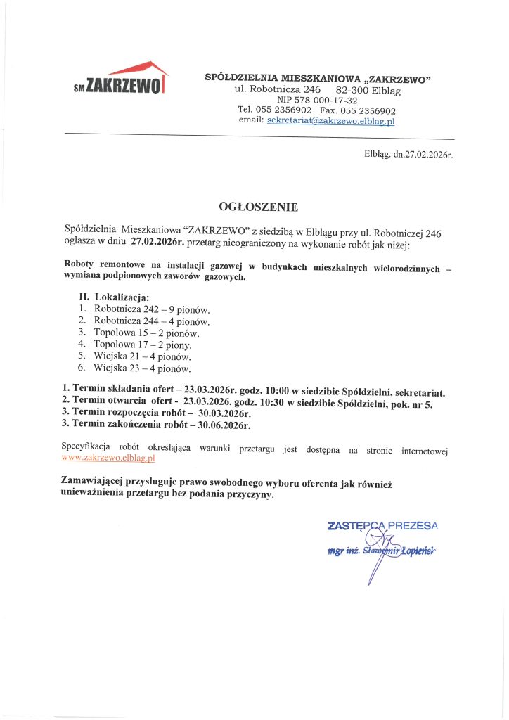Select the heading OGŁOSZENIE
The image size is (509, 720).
(x=259, y=207)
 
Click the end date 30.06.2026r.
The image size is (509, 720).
(x=225, y=424)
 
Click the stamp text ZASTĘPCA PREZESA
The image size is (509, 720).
(x=382, y=525)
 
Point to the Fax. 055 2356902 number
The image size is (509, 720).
(x=358, y=110)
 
